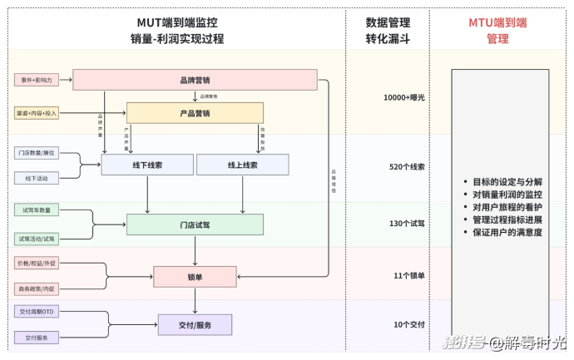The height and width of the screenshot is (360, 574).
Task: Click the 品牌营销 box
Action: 195,81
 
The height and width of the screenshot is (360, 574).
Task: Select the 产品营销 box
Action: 195,113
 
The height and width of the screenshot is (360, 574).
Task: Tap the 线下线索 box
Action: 147,165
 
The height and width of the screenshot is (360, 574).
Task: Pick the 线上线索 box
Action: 242,165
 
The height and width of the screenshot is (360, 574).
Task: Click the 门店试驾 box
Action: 195,224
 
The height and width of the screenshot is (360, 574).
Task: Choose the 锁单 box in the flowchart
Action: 195,277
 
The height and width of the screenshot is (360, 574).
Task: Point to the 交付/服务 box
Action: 195,324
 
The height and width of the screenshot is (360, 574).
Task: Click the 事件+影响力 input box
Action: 37,81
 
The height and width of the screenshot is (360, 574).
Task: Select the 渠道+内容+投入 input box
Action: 37,112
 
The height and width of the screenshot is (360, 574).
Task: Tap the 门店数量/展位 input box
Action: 37,154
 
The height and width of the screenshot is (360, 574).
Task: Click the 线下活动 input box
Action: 37,178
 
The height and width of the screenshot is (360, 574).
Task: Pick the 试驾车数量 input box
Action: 37,210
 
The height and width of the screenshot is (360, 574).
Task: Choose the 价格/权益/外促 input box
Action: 37,264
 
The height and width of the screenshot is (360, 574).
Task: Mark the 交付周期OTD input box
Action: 37,312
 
